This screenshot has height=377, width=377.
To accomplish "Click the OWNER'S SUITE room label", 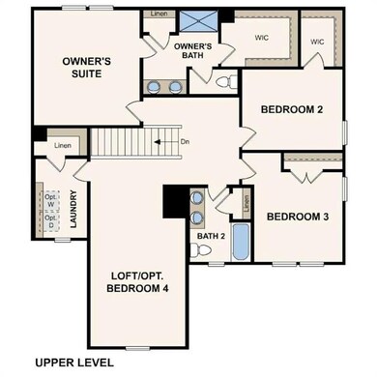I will (86, 68).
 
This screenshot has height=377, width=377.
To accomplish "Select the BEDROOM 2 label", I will (291, 109).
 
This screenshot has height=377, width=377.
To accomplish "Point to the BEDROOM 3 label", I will (298, 217).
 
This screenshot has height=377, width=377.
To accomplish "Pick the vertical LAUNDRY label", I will (74, 209).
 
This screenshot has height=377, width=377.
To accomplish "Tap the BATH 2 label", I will (211, 236).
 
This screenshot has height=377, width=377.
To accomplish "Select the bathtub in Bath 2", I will (242, 243).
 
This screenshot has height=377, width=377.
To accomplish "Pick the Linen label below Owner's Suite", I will (63, 145).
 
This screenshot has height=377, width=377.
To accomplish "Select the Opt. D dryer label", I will (49, 223).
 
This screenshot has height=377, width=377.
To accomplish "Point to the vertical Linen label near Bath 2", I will (246, 203).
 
